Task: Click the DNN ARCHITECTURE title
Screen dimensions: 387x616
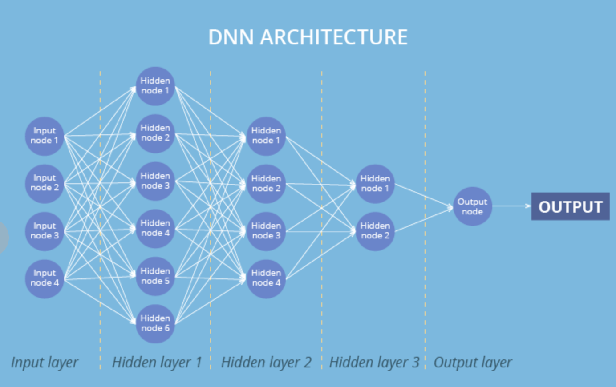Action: pos(308,37)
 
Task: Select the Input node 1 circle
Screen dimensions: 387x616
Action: pos(45,136)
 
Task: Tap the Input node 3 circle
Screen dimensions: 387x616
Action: pos(45,231)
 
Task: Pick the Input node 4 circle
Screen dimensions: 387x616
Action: pos(45,278)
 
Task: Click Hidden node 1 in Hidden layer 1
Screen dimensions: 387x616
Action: pos(155,86)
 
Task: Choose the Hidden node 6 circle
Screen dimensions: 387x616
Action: pos(155,323)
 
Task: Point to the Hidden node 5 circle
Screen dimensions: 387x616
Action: pos(155,276)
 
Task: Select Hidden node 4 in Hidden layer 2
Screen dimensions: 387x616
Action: pos(266,278)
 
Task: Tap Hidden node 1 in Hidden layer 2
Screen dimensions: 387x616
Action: pos(266,136)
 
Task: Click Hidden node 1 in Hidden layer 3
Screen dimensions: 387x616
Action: pos(375,183)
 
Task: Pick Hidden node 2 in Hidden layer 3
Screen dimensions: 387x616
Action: pos(375,231)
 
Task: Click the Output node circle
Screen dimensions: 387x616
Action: pos(472,206)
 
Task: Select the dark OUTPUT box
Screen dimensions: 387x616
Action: pos(570,206)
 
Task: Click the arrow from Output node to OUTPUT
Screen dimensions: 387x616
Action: pos(511,206)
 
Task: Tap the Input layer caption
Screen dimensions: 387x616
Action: pos(45,363)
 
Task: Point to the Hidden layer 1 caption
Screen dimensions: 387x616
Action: pos(157,363)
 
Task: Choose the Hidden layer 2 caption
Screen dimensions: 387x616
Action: pos(266,363)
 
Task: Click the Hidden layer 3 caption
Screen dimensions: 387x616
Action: pos(374,363)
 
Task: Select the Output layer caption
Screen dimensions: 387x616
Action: pos(473,363)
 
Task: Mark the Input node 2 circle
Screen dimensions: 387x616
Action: pos(45,183)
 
